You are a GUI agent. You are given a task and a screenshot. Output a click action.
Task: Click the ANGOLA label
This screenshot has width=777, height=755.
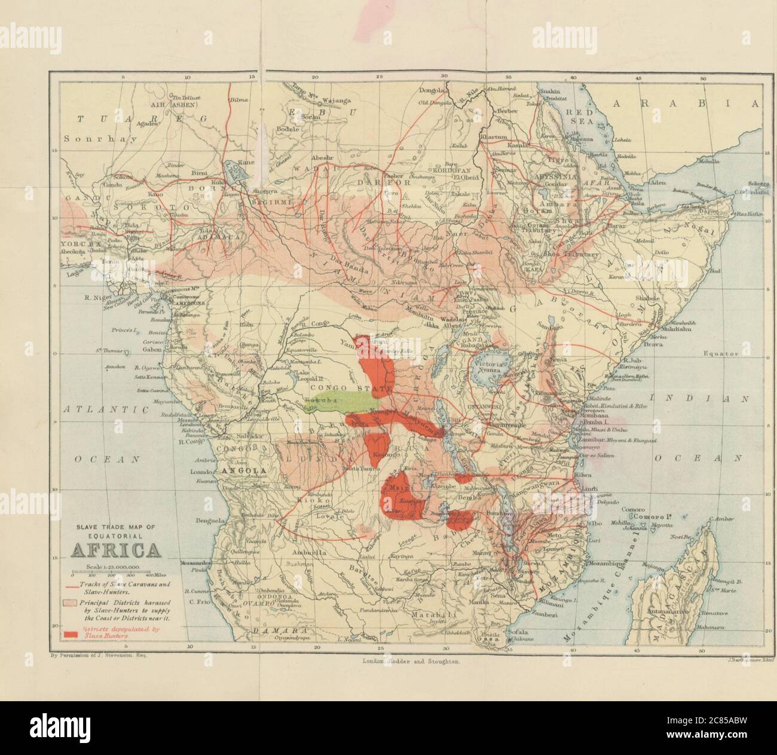click(x=243, y=471)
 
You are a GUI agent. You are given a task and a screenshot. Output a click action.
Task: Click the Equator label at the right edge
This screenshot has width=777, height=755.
click(x=721, y=354)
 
